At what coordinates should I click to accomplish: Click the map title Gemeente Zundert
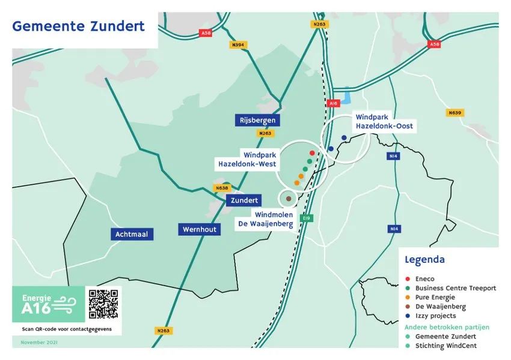(78, 26)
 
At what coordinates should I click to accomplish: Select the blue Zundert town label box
(244, 200)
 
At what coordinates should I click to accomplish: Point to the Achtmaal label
(132, 234)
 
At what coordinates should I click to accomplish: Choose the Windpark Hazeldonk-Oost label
(384, 121)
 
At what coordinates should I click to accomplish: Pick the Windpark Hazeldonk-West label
(247, 158)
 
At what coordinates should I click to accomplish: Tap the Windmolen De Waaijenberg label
(274, 219)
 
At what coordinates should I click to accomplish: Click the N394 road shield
(239, 45)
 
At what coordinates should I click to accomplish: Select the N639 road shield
(454, 113)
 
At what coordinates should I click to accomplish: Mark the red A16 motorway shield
(334, 104)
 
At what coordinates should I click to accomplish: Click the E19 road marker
(306, 218)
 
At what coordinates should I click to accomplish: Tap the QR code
(103, 304)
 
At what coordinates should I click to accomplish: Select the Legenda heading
(425, 260)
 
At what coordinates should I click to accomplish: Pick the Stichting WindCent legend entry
(446, 346)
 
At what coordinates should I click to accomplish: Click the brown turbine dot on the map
(289, 199)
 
